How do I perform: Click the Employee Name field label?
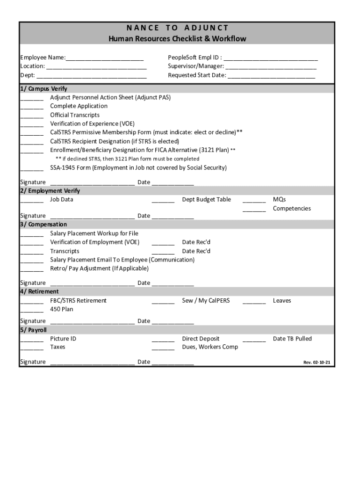pos(42,58)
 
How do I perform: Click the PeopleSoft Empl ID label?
pos(194,58)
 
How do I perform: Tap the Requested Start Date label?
pos(197,75)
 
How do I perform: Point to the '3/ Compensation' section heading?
pos(43,225)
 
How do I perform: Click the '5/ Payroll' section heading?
pos(33,330)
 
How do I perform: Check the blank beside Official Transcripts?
pos(31,116)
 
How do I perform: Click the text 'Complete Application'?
pos(79,106)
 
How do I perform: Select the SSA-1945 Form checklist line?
pos(138,167)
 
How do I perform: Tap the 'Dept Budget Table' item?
pos(206,199)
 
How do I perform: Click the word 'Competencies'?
pos(292,209)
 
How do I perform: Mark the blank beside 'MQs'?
pos(254,200)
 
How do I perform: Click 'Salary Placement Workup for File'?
pos(94,233)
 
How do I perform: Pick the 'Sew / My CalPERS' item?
pos(206,300)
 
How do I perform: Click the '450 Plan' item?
pos(62,309)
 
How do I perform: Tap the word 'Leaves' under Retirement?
pos(282,300)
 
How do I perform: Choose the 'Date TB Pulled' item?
pos(292,339)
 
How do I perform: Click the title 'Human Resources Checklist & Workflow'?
pos(177,38)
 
